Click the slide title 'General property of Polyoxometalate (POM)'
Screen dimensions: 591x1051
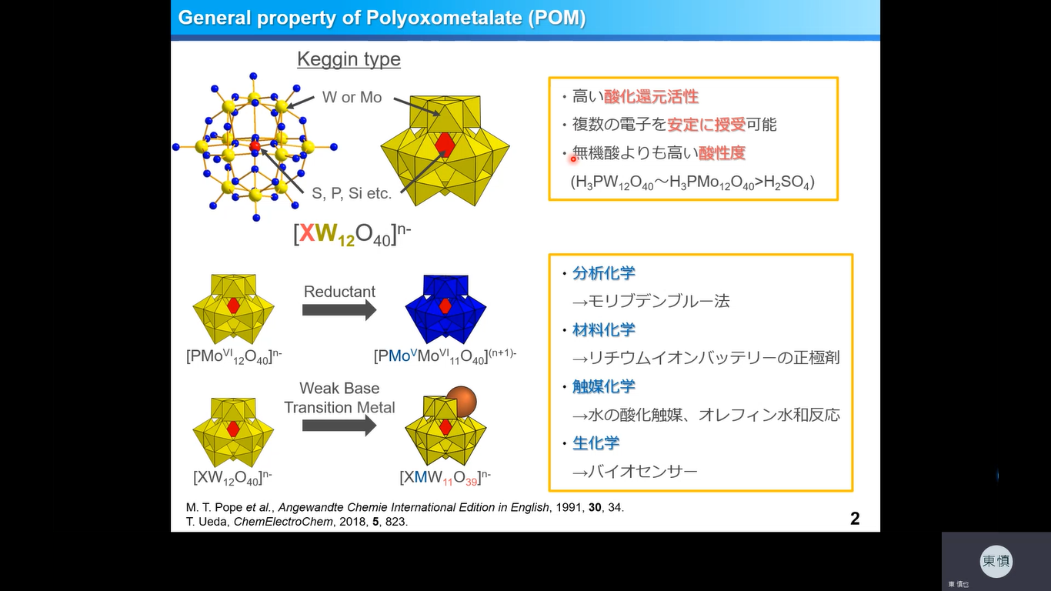pyautogui.click(x=382, y=18)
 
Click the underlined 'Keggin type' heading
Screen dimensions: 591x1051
pyautogui.click(x=349, y=59)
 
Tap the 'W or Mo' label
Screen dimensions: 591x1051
pyautogui.click(x=352, y=98)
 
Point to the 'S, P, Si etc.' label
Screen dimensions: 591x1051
pyautogui.click(x=352, y=193)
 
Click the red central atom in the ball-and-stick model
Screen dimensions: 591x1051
pyautogui.click(x=255, y=145)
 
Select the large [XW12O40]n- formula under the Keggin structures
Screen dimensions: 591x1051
pyautogui.click(x=352, y=233)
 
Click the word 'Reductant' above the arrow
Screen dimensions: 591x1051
pyautogui.click(x=339, y=292)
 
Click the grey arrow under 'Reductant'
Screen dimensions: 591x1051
pyautogui.click(x=339, y=309)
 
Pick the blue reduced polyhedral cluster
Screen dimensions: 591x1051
pyautogui.click(x=445, y=308)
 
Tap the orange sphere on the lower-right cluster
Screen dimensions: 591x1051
pyautogui.click(x=461, y=402)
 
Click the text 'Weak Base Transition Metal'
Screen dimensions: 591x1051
pyautogui.click(x=339, y=398)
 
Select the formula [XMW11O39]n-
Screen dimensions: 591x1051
pyautogui.click(x=445, y=477)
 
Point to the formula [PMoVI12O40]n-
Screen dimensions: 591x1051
pyautogui.click(x=234, y=356)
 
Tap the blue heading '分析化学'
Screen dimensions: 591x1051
pyautogui.click(x=604, y=273)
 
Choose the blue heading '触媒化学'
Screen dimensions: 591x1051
pyautogui.click(x=604, y=386)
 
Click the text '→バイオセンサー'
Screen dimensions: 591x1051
pyautogui.click(x=635, y=471)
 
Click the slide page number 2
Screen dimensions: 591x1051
pyautogui.click(x=855, y=519)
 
